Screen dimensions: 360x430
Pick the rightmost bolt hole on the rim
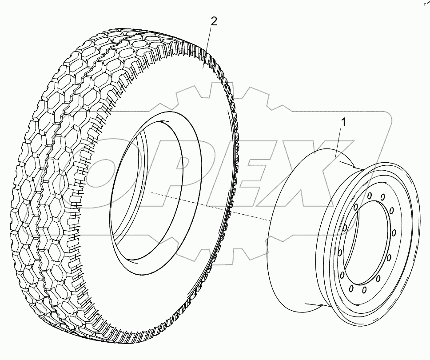click(x=394, y=232)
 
